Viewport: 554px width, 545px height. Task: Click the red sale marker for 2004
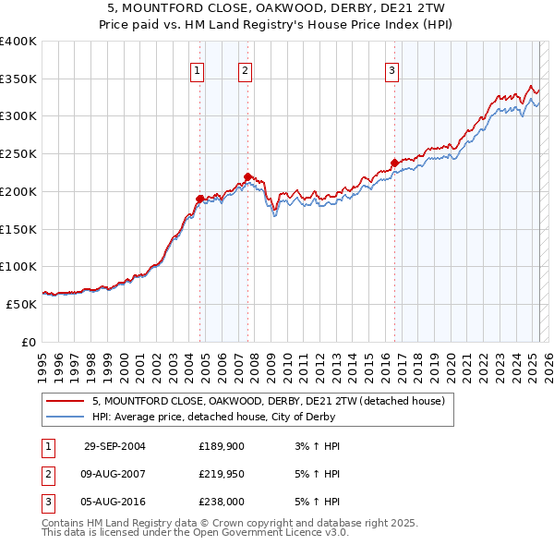click(x=199, y=199)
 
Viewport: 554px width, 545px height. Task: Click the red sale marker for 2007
click(x=247, y=176)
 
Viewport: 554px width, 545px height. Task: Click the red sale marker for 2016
click(x=394, y=163)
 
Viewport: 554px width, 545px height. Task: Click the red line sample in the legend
click(x=66, y=402)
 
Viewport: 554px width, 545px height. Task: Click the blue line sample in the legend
click(x=66, y=417)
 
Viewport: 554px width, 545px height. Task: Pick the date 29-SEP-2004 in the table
click(x=114, y=446)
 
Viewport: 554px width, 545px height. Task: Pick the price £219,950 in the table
click(x=223, y=474)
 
